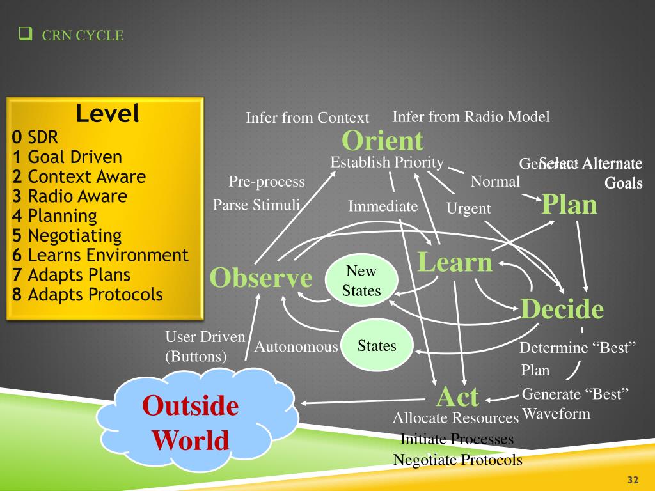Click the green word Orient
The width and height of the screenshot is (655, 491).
(x=383, y=141)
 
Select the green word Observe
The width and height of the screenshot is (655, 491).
(x=261, y=278)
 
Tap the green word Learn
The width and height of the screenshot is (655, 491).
(x=455, y=262)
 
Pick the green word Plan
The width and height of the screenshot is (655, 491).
(x=569, y=205)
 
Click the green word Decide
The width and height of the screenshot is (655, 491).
(x=562, y=309)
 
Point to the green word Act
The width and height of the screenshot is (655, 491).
(x=457, y=396)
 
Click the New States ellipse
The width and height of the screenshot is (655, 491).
(x=361, y=281)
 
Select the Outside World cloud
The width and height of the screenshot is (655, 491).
(x=191, y=423)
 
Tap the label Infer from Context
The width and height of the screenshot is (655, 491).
(x=307, y=118)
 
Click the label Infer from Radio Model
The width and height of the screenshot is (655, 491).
(x=471, y=116)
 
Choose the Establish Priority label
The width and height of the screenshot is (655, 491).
(x=387, y=162)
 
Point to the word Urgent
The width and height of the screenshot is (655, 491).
(x=468, y=208)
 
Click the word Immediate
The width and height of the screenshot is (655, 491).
(x=383, y=206)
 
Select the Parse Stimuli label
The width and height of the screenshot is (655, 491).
(x=256, y=205)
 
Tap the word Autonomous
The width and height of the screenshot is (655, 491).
(x=296, y=347)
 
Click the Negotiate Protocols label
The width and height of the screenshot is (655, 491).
(x=457, y=460)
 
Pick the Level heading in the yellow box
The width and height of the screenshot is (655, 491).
(x=107, y=114)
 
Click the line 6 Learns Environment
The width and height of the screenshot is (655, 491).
(x=100, y=255)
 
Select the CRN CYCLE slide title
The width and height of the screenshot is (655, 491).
(x=83, y=36)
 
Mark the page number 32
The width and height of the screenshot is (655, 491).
(x=634, y=480)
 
